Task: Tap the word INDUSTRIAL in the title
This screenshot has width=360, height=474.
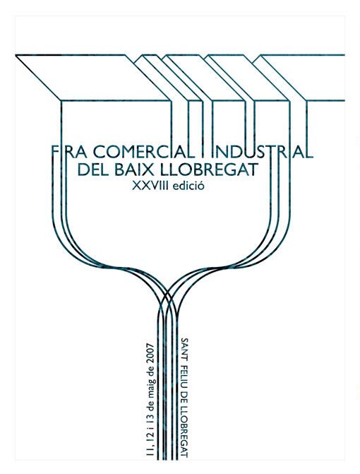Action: (262, 152)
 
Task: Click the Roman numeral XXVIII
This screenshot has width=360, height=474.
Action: (150, 186)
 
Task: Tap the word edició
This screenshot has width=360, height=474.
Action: (188, 185)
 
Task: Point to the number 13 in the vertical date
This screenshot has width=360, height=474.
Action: (150, 417)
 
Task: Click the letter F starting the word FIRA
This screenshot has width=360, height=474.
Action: (55, 152)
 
